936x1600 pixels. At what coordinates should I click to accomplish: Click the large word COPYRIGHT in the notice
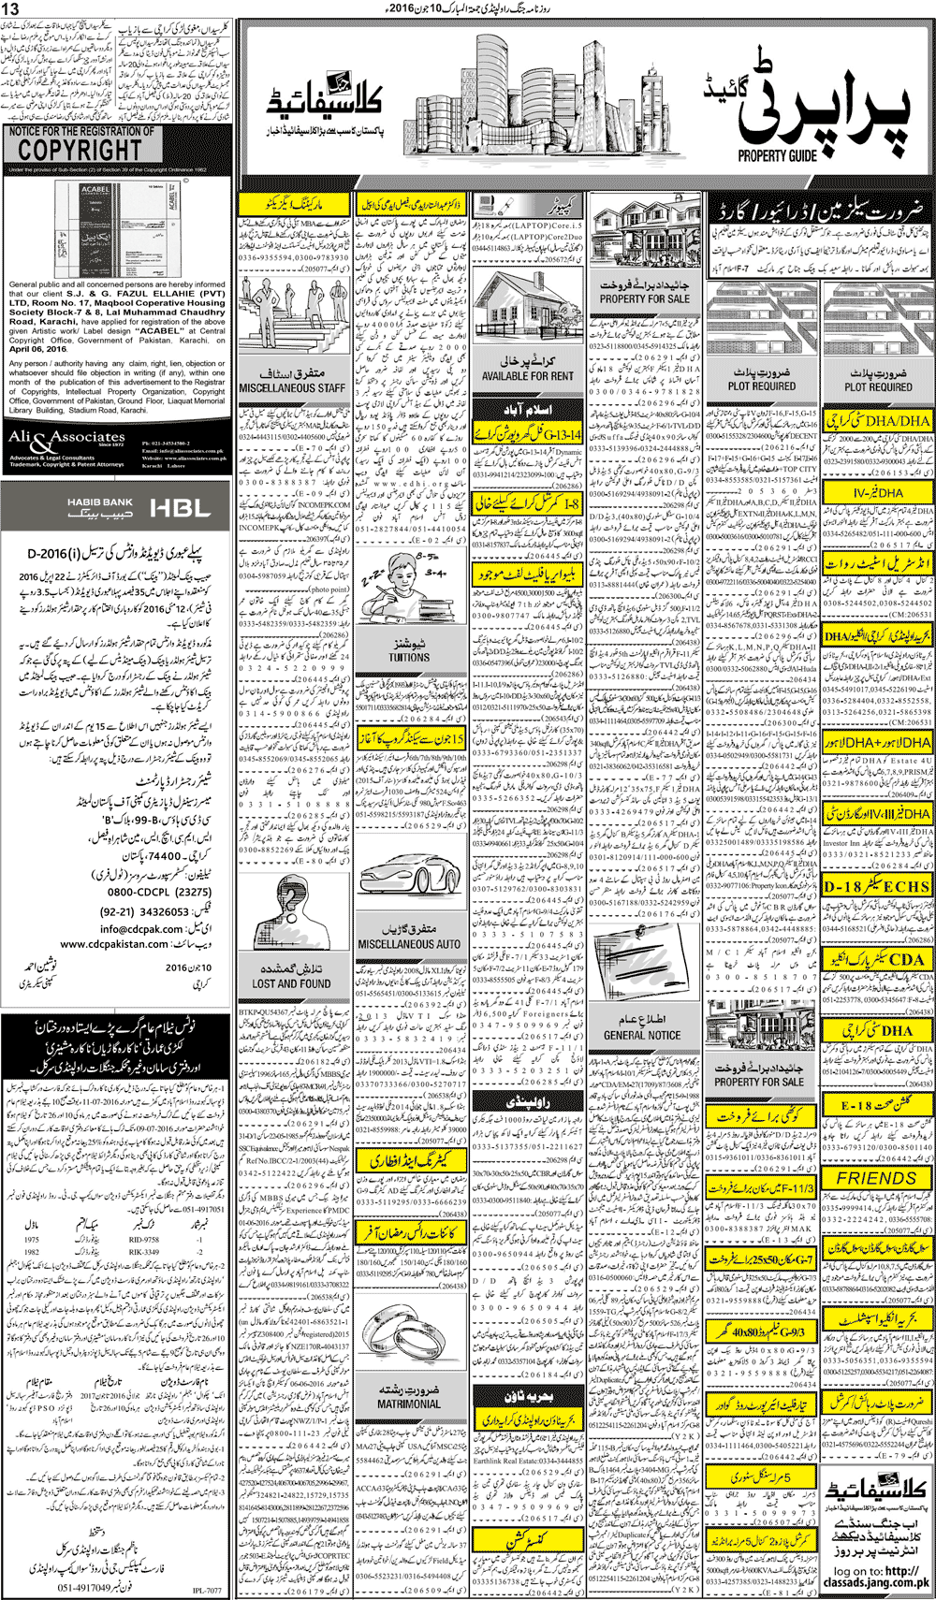pos(80,150)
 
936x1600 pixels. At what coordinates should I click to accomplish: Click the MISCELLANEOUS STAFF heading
pos(292,387)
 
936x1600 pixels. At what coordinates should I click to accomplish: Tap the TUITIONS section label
pos(409,658)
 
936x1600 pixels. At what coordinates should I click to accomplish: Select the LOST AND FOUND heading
pos(291,983)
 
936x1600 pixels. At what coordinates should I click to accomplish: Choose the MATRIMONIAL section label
pos(409,1404)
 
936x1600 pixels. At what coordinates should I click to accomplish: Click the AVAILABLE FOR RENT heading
pos(527,376)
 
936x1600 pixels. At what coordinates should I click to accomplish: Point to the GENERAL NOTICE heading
pos(642,1036)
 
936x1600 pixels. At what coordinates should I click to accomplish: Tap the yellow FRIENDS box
pos(876,1179)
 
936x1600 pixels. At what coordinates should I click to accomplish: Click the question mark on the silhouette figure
pos(291,902)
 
